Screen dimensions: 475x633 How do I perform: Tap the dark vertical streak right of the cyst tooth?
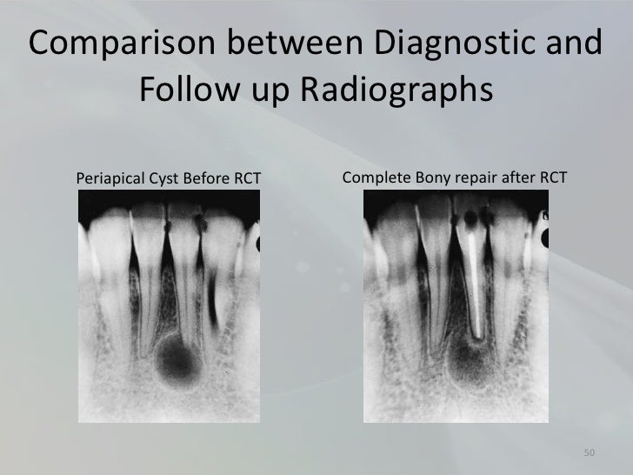tap(212, 287)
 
